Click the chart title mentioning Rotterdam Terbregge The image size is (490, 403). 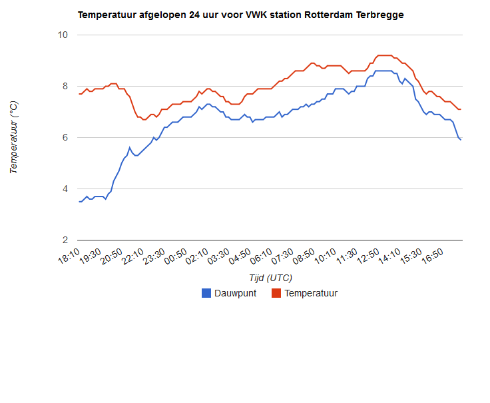(240, 14)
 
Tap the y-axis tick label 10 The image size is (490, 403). (63, 35)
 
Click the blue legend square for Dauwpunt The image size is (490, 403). (206, 293)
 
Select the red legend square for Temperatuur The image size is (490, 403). (276, 293)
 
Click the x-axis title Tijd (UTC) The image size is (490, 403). (270, 278)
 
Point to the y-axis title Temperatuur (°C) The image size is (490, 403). (14, 137)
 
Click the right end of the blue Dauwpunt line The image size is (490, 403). (461, 140)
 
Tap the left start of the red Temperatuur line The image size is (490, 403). (79, 94)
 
